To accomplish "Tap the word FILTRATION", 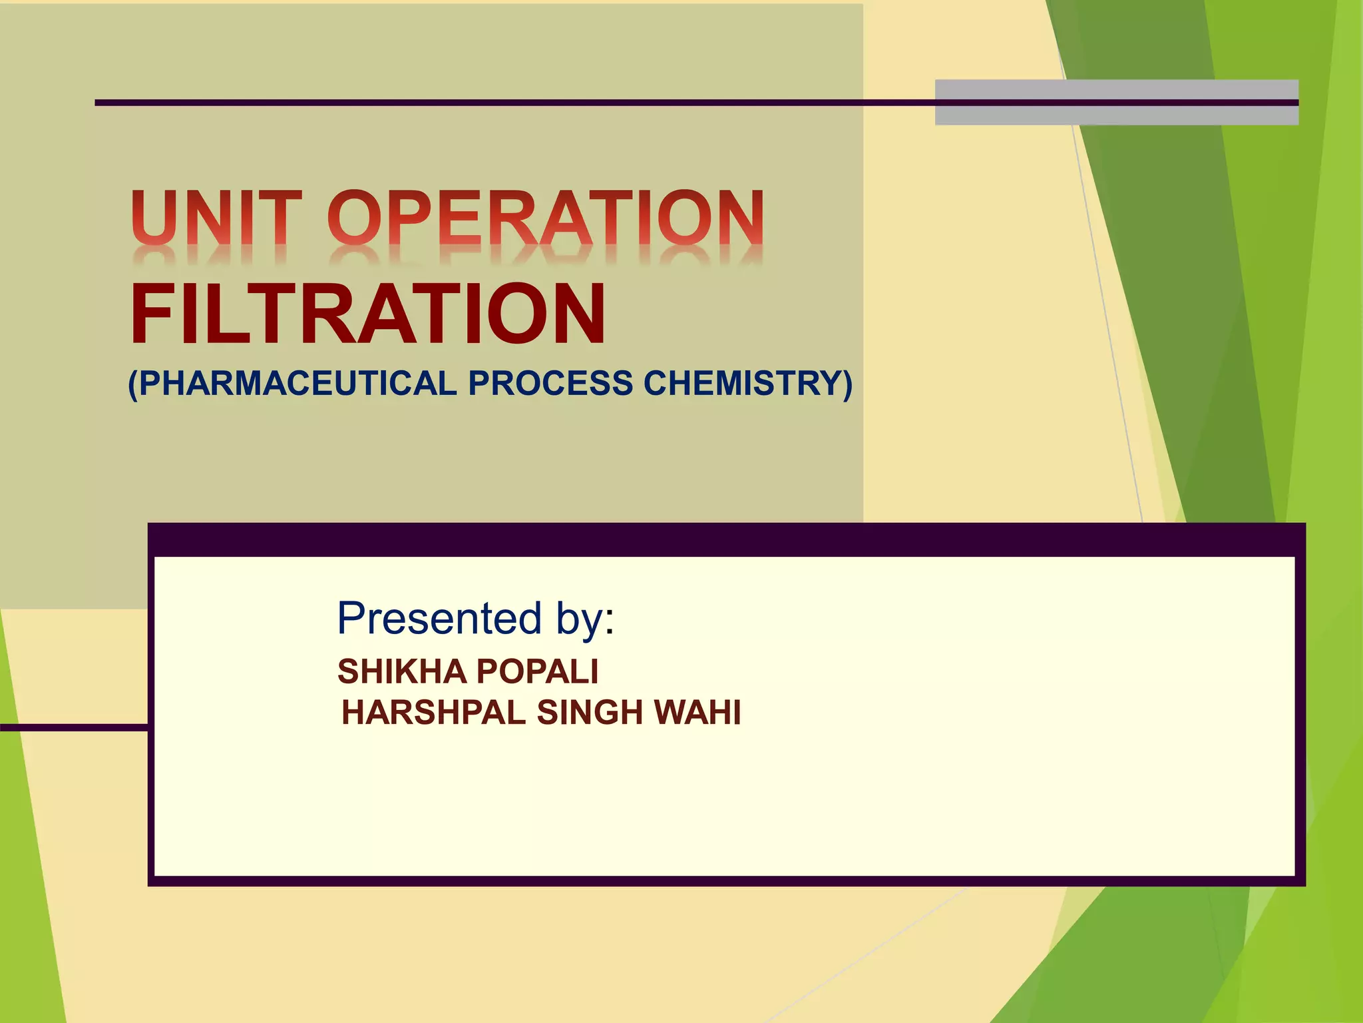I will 368,314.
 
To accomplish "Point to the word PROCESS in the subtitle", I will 550,384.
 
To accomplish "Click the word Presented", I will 439,618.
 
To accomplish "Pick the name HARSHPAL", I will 433,713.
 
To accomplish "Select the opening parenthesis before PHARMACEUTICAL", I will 132,384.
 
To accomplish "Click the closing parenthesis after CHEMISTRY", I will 846,384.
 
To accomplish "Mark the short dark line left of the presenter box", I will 73,727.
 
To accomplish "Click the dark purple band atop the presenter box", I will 725,539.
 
